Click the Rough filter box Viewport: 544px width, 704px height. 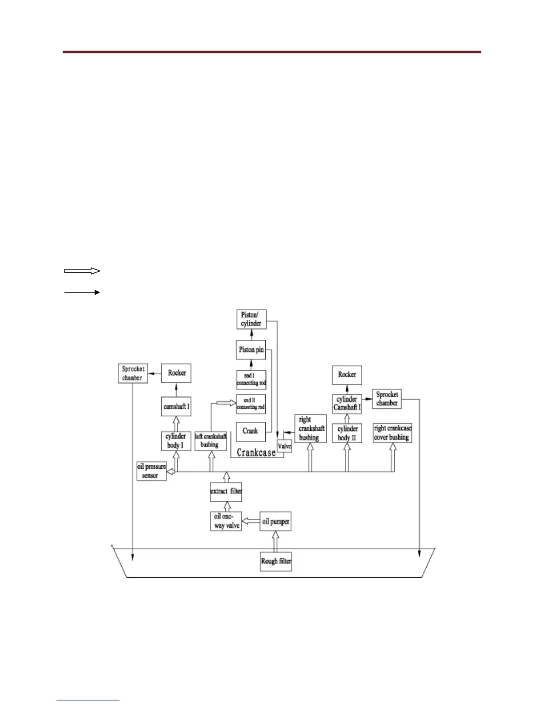coord(276,561)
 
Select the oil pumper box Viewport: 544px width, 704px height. coord(276,521)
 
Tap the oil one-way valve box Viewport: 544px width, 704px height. coord(227,521)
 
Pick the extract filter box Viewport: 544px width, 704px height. coord(226,492)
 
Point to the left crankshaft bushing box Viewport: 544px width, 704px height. coord(211,440)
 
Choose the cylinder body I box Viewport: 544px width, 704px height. coord(176,440)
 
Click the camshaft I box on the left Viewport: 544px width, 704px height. coord(176,407)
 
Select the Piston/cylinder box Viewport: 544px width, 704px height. coord(251,320)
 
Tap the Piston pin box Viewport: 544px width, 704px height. coord(251,350)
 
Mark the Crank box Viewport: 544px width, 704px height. coord(251,431)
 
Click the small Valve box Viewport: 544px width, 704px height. coord(284,445)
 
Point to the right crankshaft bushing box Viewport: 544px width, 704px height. coord(310,428)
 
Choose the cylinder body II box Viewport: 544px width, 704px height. coord(348,433)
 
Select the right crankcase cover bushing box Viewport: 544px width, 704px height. coord(392,433)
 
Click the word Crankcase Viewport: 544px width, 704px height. coord(256,453)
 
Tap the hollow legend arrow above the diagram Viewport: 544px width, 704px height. coord(82,271)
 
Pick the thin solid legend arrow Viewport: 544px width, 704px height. coord(82,292)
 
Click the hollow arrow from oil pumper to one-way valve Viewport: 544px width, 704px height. coord(251,521)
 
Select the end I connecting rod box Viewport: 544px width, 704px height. coord(251,380)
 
